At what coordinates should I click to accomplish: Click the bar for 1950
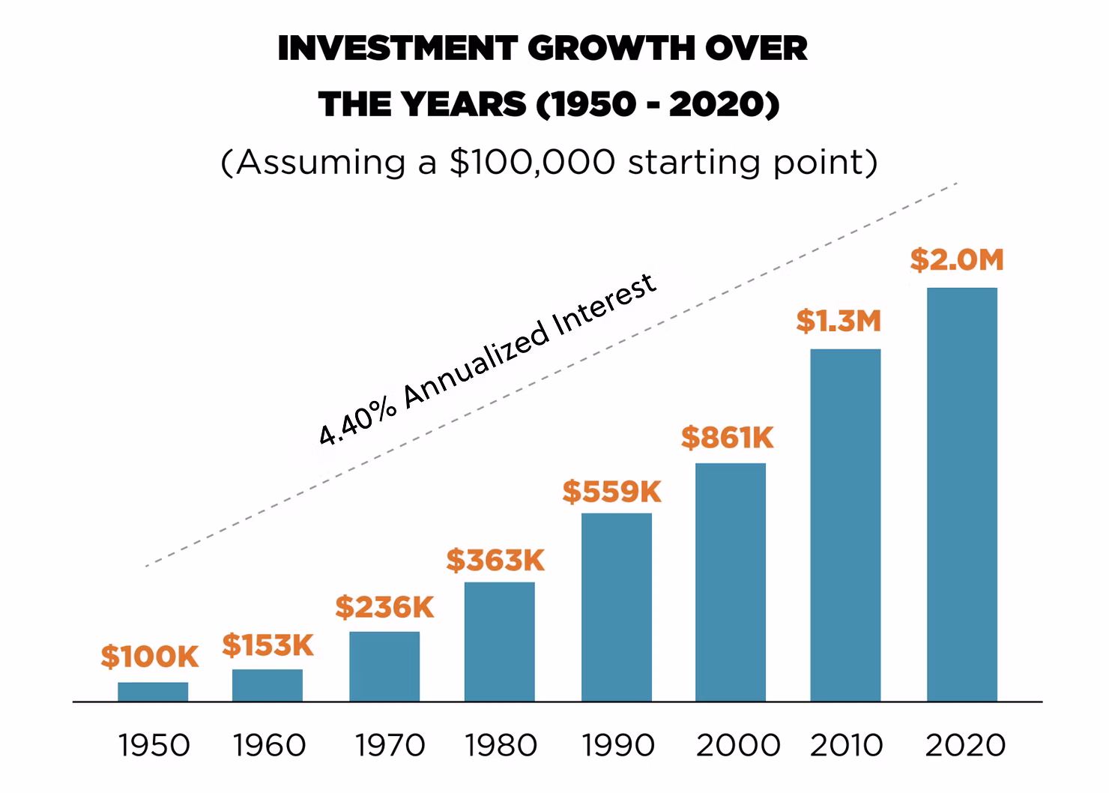153,692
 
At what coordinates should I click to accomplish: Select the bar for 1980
500,642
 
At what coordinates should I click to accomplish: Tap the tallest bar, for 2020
962,495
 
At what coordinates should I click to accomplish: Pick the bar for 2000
731,582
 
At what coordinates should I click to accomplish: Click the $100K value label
150,657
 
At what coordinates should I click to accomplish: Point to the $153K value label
268,645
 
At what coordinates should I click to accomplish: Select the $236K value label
384,607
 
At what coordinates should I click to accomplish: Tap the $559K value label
612,492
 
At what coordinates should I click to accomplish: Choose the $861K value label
727,438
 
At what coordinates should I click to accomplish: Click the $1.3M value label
838,321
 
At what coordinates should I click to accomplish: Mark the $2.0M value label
957,260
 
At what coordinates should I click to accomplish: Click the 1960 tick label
269,746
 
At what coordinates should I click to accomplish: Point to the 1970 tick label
390,746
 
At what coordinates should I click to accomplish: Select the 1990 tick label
618,746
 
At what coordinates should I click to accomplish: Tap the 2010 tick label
847,746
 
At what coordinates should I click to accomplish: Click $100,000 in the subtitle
534,162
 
